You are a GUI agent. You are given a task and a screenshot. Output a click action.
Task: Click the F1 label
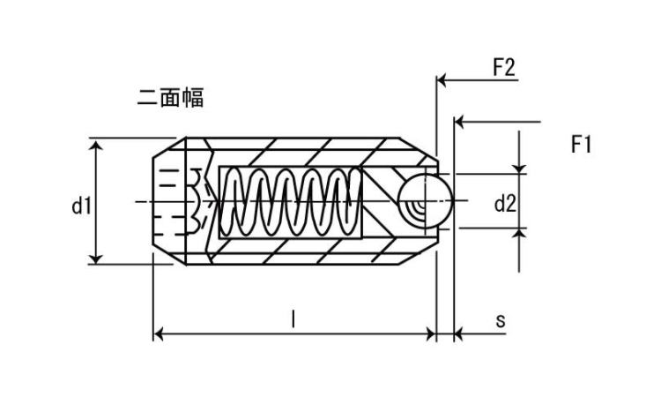[581, 144]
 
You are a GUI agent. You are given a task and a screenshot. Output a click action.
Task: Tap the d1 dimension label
[82, 206]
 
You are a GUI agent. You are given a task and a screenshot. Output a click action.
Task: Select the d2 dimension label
[504, 205]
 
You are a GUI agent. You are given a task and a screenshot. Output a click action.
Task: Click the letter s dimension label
[500, 320]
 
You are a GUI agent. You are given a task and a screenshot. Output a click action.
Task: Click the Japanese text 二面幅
[171, 97]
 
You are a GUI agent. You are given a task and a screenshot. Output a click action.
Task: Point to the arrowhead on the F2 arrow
[443, 80]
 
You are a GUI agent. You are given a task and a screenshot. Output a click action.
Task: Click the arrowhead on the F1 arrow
[460, 120]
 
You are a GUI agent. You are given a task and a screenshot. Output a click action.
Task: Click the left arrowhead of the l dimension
[160, 333]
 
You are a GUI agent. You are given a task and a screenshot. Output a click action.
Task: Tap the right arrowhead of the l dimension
[430, 333]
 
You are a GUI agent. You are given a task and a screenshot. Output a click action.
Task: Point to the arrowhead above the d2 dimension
[520, 167]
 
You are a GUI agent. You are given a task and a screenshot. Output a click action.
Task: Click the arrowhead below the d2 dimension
[520, 234]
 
